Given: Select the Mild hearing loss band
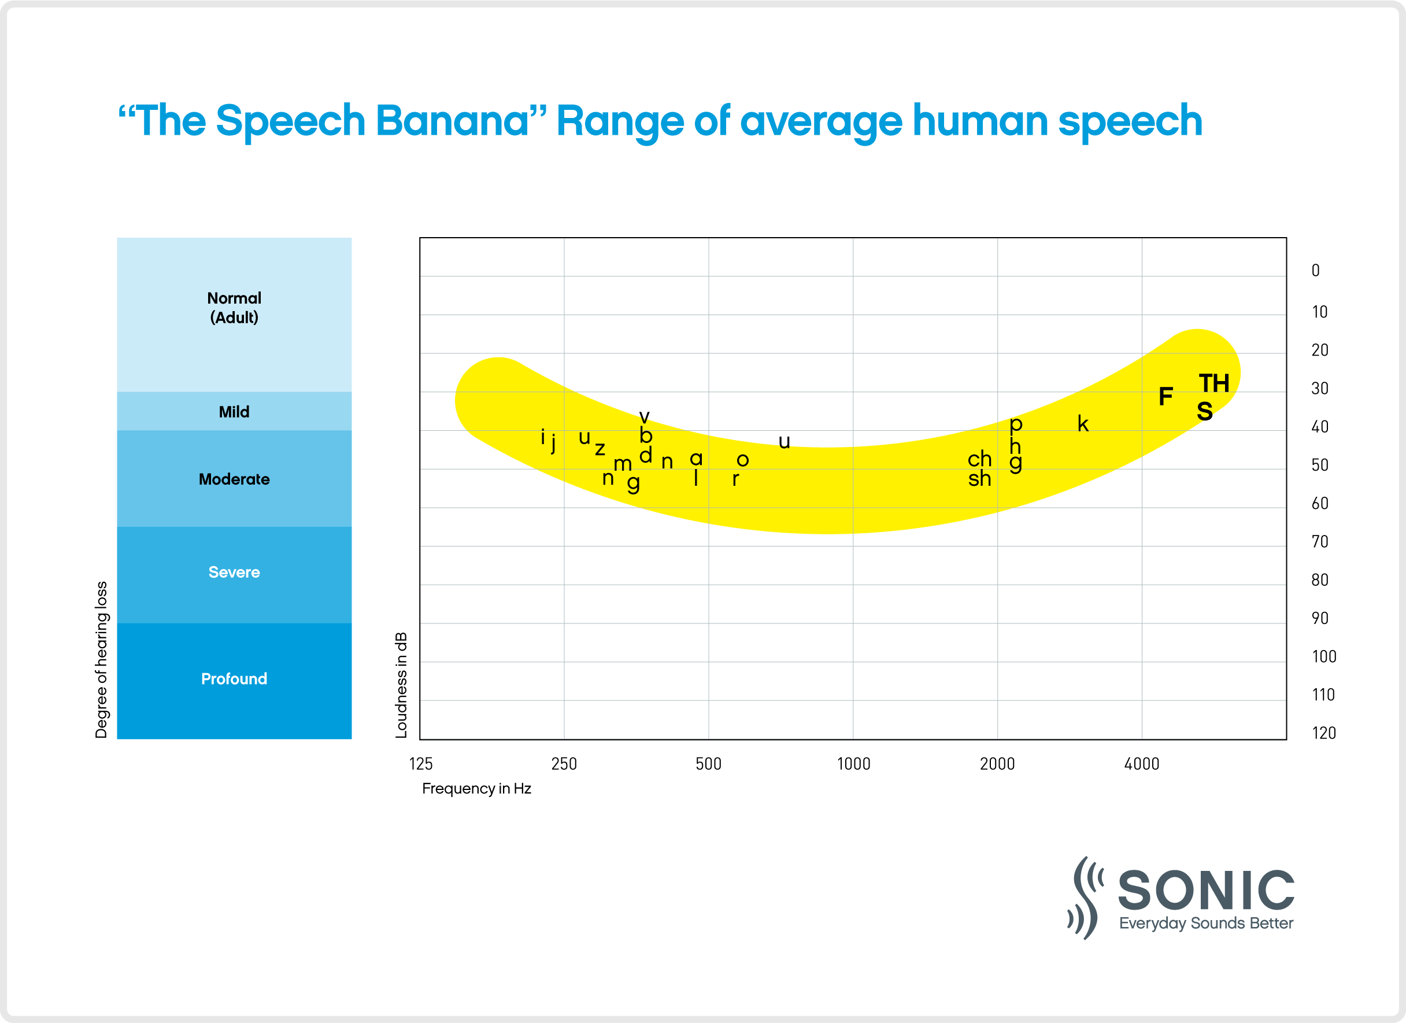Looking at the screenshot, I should [234, 412].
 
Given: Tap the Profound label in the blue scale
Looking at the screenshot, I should [234, 679].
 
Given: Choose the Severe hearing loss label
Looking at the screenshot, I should [234, 573].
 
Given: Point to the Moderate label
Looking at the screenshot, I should [234, 479].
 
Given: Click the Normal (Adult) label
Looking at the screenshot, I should [234, 308].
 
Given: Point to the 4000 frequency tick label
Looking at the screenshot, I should [1141, 764].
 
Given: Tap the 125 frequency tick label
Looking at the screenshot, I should [420, 764].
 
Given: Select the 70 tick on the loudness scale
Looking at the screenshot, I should [1320, 542].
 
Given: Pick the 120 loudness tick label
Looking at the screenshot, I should [1323, 733].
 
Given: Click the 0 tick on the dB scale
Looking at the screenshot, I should [1315, 270].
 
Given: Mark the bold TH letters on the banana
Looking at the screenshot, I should [1213, 384].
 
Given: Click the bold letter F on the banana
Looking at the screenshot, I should [1165, 397].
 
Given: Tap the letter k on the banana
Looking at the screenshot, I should [1082, 424].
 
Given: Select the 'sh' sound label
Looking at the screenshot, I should [979, 479].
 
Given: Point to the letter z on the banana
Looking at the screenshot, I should [600, 449].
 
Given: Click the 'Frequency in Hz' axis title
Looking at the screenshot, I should [476, 789].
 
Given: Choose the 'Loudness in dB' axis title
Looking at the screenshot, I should [401, 685].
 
